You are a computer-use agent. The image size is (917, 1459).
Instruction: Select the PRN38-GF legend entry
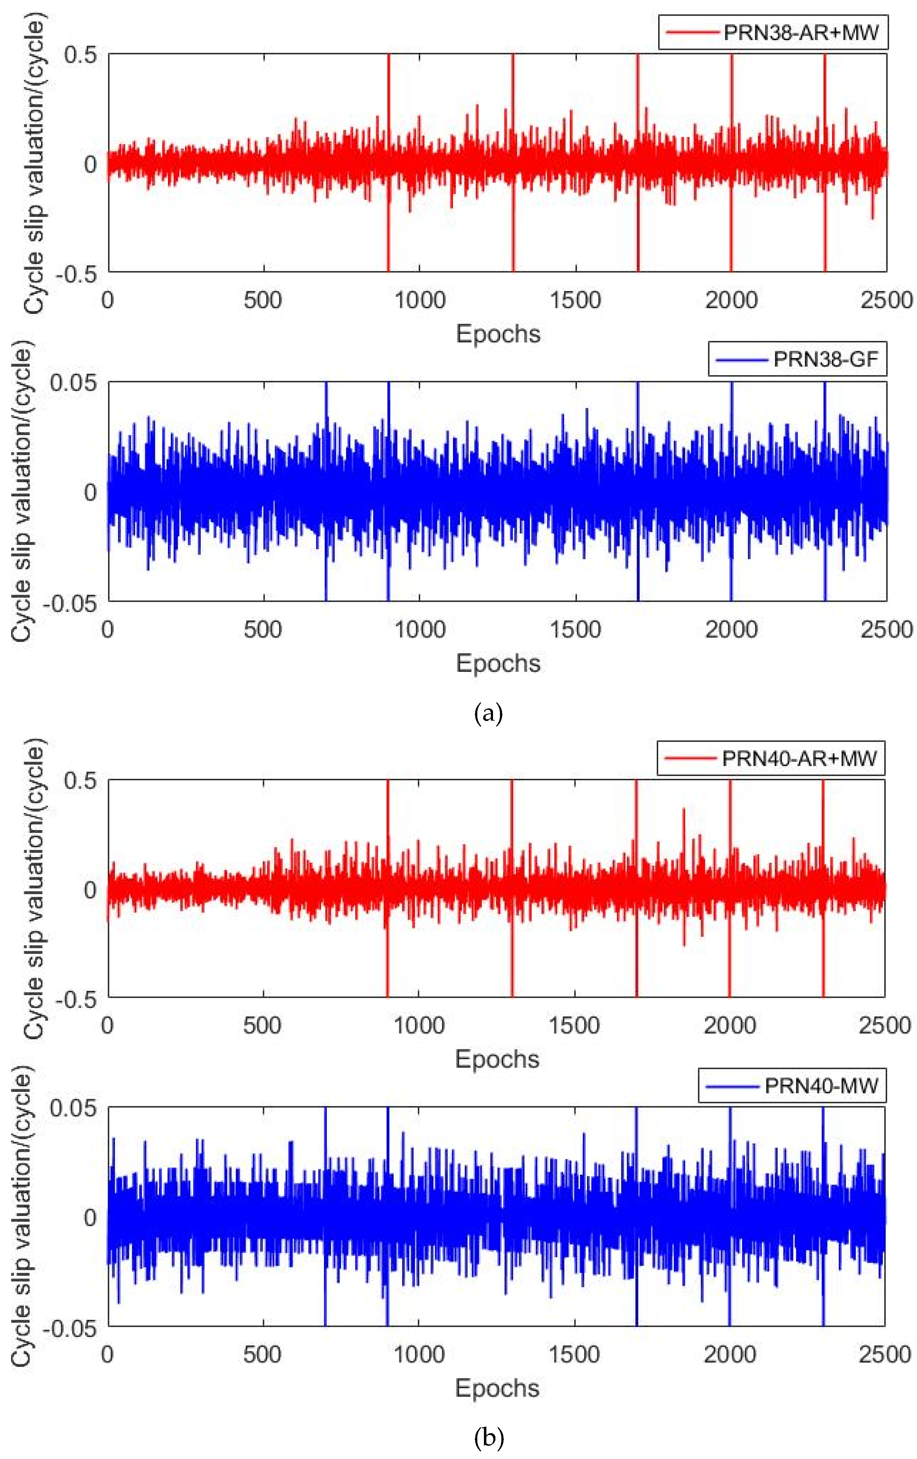[798, 360]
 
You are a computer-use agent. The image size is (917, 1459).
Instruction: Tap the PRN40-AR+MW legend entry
[771, 758]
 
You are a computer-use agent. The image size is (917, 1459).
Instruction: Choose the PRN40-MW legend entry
[792, 1085]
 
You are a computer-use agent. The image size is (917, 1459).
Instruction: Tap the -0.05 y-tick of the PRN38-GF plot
[73, 603]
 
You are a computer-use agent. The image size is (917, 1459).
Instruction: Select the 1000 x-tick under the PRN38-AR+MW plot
[419, 301]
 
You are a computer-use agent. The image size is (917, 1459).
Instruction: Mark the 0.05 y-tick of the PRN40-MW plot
[73, 1108]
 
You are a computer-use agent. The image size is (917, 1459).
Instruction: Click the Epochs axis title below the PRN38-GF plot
[498, 663]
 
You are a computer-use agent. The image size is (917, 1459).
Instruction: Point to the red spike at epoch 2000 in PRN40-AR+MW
[730, 812]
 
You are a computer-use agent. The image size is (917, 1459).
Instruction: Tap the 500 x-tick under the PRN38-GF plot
[263, 630]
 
